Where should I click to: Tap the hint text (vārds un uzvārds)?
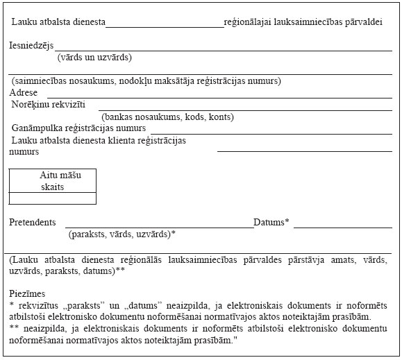tap(94, 58)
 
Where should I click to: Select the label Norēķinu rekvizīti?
tap(48, 105)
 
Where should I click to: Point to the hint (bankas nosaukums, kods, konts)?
tap(167, 117)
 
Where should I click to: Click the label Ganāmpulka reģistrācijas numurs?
tap(78, 128)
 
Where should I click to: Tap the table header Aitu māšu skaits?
tap(53, 181)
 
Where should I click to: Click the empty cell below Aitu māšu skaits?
tap(53, 198)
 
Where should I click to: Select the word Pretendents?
tap(33, 223)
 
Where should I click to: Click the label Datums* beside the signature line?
tap(271, 223)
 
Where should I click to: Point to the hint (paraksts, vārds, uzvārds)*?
tap(122, 234)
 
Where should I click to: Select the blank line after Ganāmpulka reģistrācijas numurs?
tap(271, 132)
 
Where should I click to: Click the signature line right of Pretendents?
tap(160, 226)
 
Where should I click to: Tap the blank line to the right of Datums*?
tap(342, 226)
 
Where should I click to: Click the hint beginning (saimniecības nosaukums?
tap(145, 81)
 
